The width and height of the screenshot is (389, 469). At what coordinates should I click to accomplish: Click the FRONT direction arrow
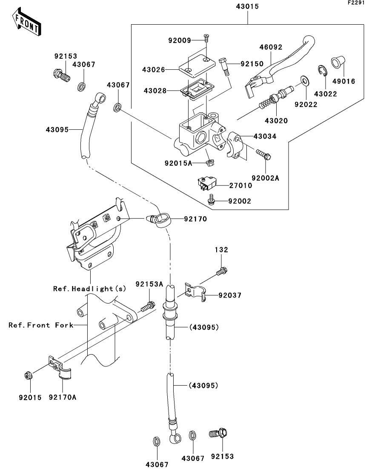point(27,23)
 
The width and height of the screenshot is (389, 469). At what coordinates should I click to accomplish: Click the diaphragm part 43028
point(197,90)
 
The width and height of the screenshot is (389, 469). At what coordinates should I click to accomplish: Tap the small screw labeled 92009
point(206,39)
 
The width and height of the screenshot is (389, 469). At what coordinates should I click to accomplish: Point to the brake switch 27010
point(206,184)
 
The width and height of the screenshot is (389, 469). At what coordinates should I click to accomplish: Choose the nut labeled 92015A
point(209,162)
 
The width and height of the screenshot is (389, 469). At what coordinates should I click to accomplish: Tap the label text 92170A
point(62,398)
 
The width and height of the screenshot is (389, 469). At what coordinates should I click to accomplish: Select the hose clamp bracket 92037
point(195,292)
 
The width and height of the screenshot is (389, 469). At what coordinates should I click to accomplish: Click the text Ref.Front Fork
point(41,325)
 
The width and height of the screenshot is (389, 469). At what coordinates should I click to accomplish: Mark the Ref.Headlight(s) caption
point(89,289)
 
